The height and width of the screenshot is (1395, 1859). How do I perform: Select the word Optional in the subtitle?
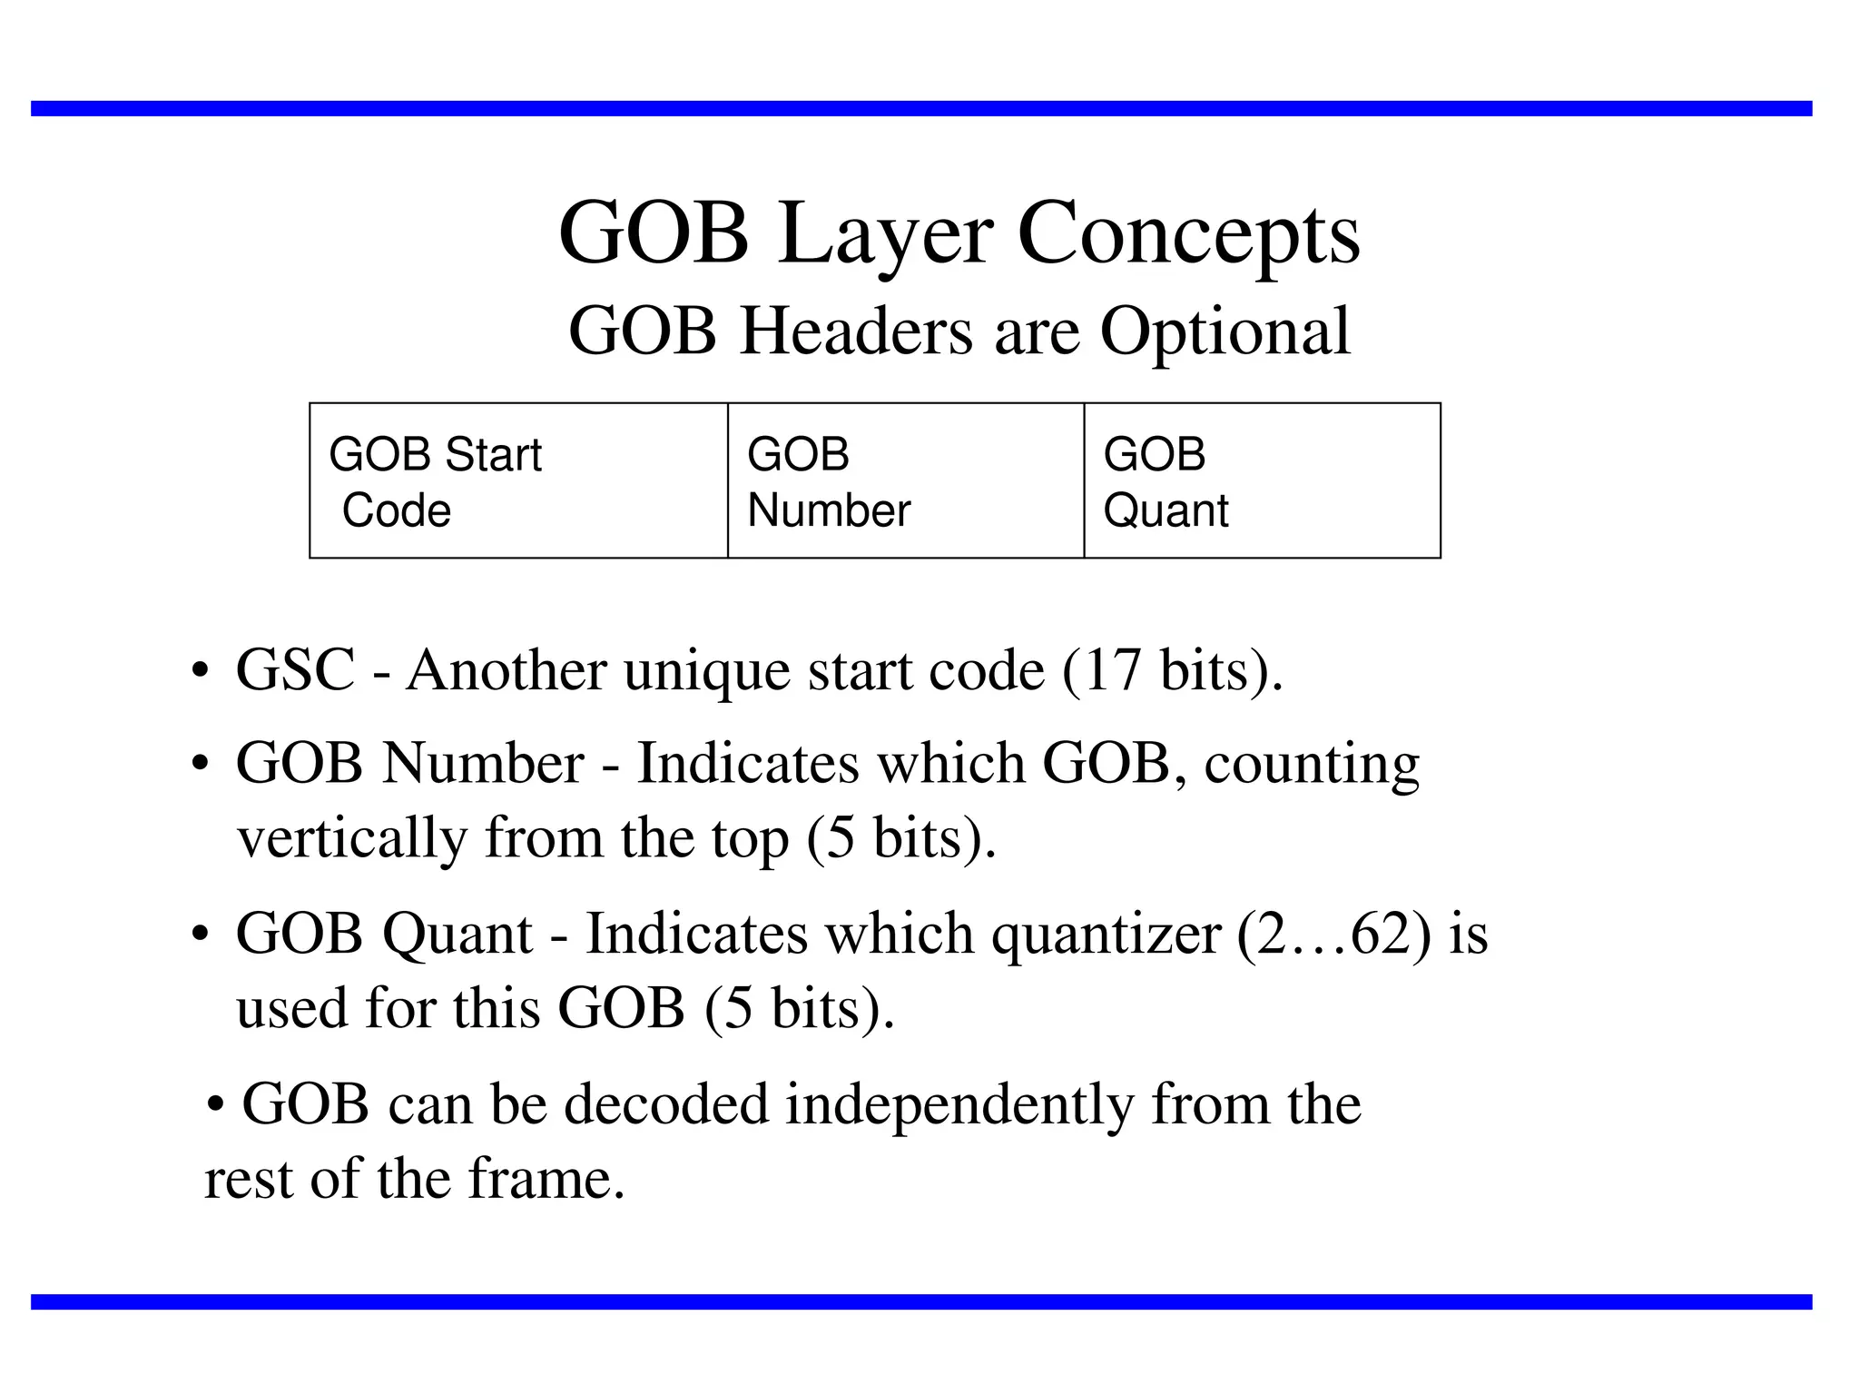1225,331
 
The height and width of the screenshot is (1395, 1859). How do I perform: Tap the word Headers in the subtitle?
856,331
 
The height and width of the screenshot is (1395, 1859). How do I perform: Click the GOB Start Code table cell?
518,480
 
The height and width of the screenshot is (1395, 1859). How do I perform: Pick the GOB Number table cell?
905,480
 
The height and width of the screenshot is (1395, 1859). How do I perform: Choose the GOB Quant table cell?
1262,480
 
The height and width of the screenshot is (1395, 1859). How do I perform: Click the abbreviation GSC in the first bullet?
295,671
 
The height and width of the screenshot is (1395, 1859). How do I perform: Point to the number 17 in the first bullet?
1111,671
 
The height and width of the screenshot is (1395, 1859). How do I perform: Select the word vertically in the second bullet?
351,838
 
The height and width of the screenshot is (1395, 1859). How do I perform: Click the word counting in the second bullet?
1312,765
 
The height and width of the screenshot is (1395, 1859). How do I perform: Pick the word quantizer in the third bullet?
1106,935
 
